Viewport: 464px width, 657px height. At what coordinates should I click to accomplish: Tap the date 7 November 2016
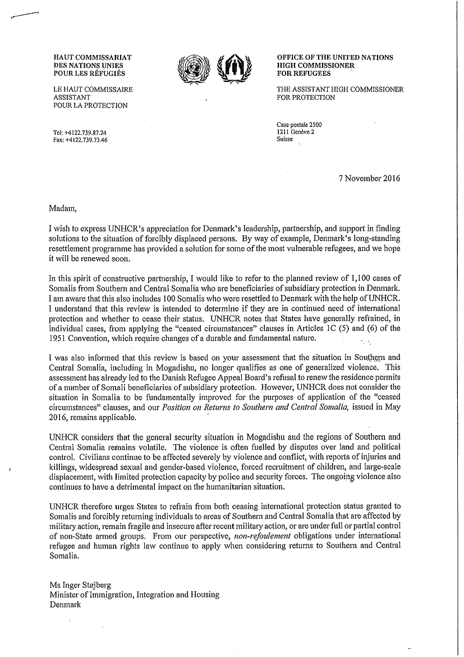point(370,179)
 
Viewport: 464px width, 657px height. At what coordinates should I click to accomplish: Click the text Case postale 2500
point(299,125)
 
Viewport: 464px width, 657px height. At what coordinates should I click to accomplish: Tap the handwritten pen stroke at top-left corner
point(24,15)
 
